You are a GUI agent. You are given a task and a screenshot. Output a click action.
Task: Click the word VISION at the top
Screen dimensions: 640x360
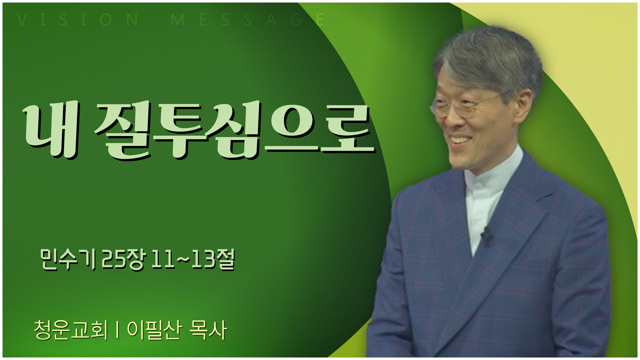pyautogui.click(x=78, y=20)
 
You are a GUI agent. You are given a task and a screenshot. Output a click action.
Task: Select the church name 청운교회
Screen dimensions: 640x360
pyautogui.click(x=71, y=331)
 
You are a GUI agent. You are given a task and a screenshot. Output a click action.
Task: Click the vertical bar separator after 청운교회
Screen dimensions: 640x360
pyautogui.click(x=117, y=331)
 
